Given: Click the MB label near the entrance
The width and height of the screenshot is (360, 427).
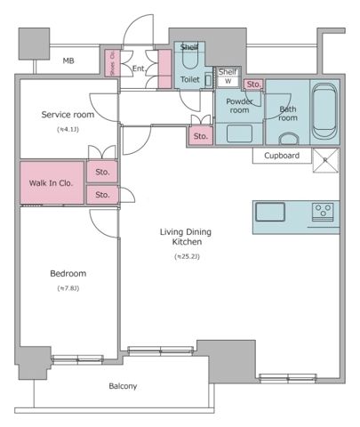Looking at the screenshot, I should [68, 61].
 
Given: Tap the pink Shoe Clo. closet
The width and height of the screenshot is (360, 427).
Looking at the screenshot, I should [113, 68].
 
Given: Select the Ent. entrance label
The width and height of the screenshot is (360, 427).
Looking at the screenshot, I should [140, 68].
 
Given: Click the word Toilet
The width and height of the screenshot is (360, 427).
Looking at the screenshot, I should [189, 79].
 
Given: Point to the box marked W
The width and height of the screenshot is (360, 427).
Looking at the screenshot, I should [228, 81].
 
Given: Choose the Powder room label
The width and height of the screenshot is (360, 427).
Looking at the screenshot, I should [239, 106].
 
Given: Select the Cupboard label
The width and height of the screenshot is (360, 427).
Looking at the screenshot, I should [281, 156].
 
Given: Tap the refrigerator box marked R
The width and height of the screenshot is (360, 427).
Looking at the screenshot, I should [324, 160].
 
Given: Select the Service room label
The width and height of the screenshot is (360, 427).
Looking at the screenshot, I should [68, 115].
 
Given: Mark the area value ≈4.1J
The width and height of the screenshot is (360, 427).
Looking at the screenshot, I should [68, 130].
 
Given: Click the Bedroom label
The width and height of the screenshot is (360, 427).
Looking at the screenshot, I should [68, 273].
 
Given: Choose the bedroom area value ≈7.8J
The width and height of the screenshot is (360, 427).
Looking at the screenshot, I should [68, 288].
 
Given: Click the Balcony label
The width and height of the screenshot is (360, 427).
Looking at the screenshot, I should [123, 386].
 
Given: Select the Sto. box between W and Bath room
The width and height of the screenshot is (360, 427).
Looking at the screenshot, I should [254, 85].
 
